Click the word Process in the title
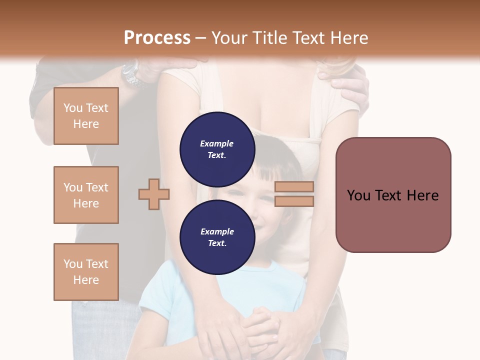pos(157,38)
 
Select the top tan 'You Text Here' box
pos(86,116)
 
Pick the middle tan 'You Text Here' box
pos(86,195)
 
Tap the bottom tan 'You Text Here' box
pos(86,272)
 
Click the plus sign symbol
pos(154,194)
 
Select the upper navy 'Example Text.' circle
pos(217,149)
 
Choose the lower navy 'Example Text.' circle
pos(217,237)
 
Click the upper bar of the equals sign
pos(294,186)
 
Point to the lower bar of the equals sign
pos(294,201)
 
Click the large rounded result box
pos(393,195)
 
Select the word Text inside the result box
pos(393,195)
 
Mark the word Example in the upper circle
pos(217,143)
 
